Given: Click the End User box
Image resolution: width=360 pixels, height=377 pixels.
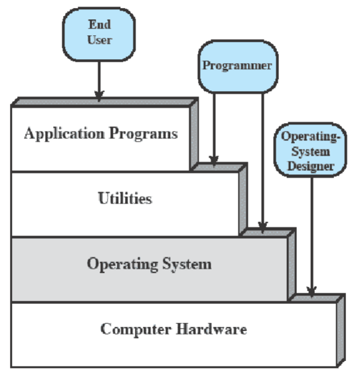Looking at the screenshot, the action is coord(99,35).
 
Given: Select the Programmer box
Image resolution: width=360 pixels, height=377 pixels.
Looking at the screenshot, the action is coord(238,66).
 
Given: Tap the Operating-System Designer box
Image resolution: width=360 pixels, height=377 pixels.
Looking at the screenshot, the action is coord(310,150).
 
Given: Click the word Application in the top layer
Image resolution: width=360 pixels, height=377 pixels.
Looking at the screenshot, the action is coord(64,134).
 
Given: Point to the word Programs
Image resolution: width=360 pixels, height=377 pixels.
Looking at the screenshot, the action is coord(143,134).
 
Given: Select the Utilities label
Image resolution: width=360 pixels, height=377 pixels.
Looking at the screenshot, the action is coord(125,198).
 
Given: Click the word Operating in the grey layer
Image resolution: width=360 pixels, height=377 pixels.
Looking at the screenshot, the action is coord(122,264).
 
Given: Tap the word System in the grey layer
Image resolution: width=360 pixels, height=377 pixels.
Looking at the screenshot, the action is coord(187,264).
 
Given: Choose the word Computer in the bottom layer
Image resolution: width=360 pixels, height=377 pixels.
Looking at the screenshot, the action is coord(136,329).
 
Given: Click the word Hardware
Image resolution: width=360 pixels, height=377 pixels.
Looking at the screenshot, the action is coord(211,329).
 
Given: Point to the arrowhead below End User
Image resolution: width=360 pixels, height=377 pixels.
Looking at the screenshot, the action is coord(99,96).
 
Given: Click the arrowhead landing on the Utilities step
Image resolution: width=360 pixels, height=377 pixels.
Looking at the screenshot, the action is coord(214,161).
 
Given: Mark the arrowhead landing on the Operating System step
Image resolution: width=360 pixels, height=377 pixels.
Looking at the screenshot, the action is coord(263,227).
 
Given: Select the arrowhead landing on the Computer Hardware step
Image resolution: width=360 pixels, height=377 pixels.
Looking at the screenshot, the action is coord(312,292).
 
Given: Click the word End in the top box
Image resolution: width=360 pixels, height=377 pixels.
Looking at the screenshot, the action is coord(100,25).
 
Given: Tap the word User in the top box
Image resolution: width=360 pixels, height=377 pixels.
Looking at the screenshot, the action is coord(100,40).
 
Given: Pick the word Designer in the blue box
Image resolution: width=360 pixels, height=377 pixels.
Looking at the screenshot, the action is coord(311,166).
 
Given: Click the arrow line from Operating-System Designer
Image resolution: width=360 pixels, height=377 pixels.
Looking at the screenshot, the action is coord(312,237).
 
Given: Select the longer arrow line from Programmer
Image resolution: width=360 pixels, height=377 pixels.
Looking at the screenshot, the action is coord(263,163).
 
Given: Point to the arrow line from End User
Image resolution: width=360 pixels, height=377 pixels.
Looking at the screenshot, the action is coord(99,81).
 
